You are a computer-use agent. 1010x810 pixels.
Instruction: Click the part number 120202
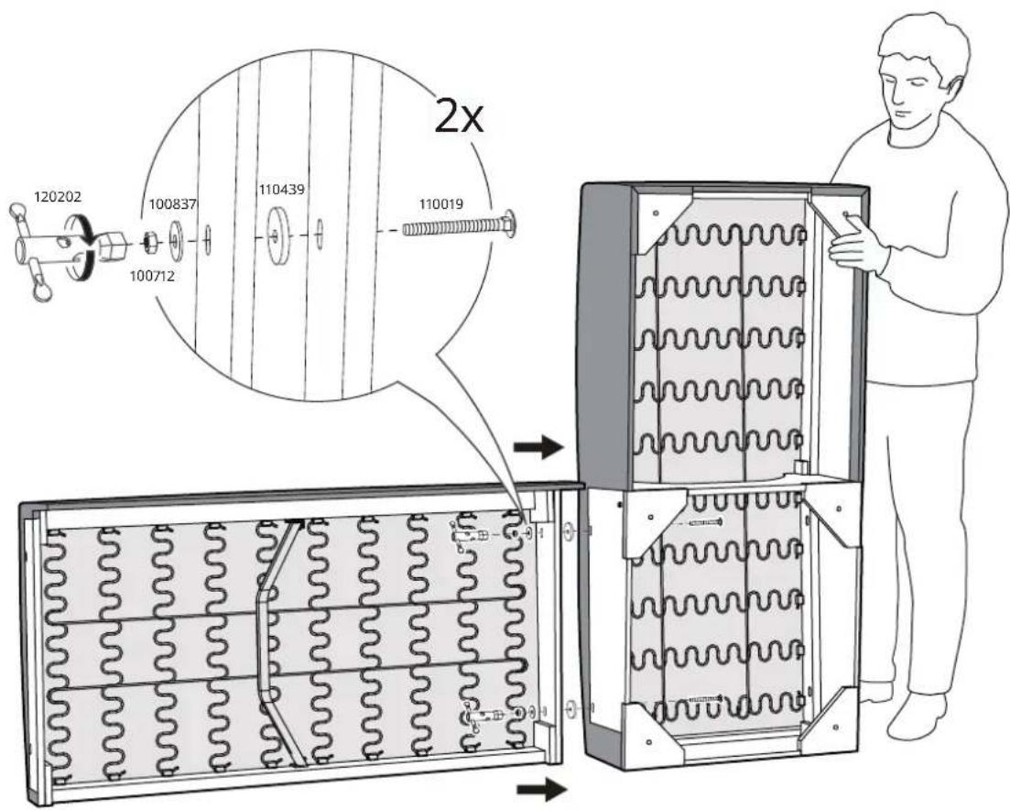tap(58, 196)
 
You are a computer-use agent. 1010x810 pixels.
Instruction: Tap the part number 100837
tap(173, 204)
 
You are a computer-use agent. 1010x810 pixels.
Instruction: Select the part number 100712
tap(153, 276)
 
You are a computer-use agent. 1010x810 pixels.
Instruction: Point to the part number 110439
tap(281, 190)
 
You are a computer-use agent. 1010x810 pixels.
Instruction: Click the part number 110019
tap(441, 204)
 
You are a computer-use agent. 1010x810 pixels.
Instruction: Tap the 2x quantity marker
tap(459, 116)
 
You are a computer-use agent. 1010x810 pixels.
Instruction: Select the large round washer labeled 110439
tap(279, 235)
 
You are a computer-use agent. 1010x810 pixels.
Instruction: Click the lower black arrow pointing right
tap(542, 789)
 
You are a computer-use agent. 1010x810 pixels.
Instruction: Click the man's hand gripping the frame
tap(857, 245)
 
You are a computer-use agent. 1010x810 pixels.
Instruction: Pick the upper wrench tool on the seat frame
tap(471, 534)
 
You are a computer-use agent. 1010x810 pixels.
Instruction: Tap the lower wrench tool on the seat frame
tap(481, 715)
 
